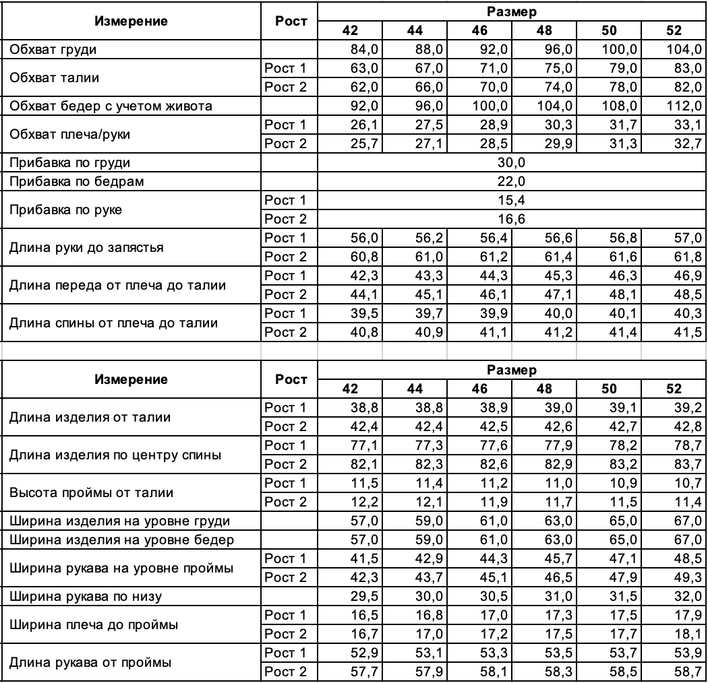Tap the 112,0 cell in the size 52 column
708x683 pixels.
(x=684, y=106)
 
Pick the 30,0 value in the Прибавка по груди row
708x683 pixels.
(x=511, y=162)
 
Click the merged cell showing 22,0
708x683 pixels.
(x=511, y=181)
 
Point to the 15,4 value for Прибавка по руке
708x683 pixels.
(x=511, y=200)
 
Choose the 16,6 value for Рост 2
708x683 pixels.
(x=511, y=219)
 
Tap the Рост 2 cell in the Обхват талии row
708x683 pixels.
(x=285, y=87)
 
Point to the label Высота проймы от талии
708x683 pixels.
(x=91, y=492)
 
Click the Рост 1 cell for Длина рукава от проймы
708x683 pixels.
(x=285, y=653)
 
